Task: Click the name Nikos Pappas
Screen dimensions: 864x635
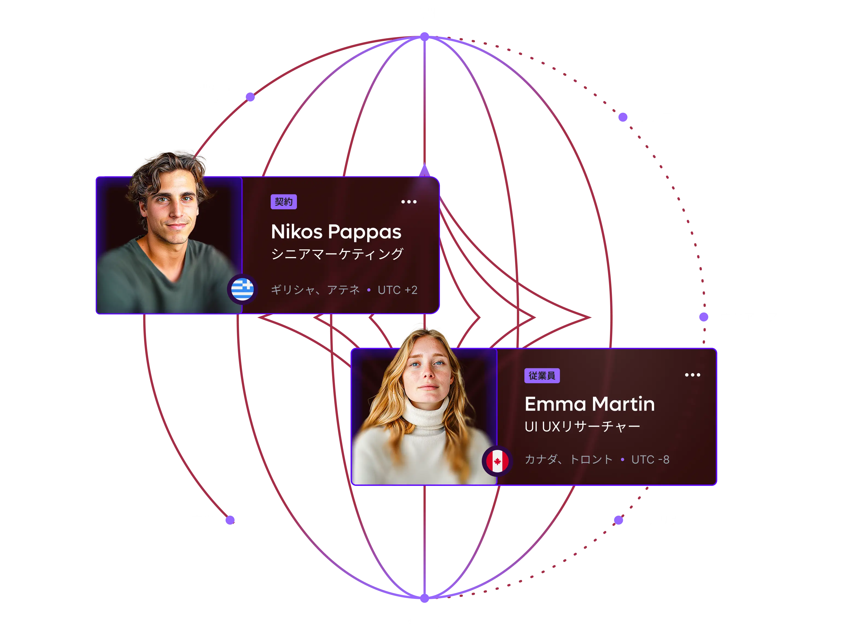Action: [x=336, y=232]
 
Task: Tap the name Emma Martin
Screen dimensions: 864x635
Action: [x=589, y=404]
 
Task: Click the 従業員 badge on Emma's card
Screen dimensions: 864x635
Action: [x=542, y=376]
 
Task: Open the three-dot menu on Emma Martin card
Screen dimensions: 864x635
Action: [x=692, y=375]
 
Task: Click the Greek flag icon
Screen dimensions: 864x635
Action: [x=242, y=289]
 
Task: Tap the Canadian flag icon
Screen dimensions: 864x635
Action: [x=497, y=461]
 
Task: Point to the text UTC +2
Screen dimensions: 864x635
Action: [x=398, y=290]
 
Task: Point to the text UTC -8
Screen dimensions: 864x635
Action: [x=650, y=459]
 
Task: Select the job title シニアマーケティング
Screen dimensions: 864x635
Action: [x=337, y=254]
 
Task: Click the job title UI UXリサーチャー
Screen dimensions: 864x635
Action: [x=582, y=426]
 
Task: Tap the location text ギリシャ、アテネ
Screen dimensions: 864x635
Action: [x=315, y=289]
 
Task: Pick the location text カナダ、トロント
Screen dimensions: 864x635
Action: [x=568, y=459]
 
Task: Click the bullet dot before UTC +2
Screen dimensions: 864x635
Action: [x=369, y=290]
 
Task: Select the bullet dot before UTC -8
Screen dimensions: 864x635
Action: [x=622, y=459]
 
